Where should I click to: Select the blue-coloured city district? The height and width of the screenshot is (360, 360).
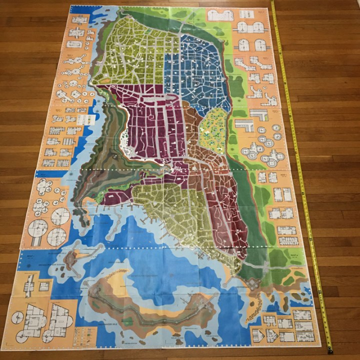tap(200, 70)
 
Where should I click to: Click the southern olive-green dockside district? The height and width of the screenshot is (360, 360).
tap(170, 210)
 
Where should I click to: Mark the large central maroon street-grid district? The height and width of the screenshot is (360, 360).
tap(150, 125)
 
